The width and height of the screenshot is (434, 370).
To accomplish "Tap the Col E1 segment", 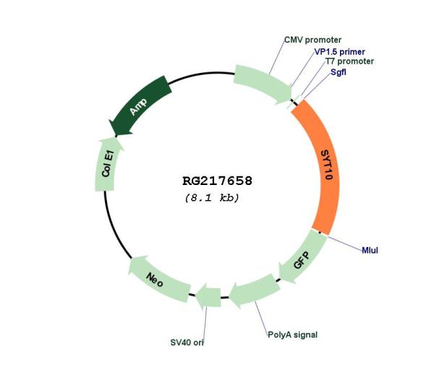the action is tap(107, 165).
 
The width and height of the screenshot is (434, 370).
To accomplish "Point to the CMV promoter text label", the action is tap(312, 40).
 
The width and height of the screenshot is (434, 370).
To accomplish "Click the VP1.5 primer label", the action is tap(340, 52).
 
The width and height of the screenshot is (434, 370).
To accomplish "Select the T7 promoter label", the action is tap(349, 61).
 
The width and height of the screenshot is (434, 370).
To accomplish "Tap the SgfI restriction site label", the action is tap(339, 72).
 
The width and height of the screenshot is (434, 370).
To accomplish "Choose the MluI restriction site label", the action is tap(370, 251).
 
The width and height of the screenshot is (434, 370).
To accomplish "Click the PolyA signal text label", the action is tap(292, 335).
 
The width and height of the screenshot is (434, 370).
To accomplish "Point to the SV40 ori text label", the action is tap(187, 343).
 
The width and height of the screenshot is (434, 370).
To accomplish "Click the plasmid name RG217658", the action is tap(217, 181).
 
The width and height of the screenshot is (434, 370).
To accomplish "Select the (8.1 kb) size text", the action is tap(212, 198).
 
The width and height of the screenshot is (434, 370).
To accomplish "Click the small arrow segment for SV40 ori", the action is tap(208, 296).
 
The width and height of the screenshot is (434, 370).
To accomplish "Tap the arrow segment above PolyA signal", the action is tap(255, 291).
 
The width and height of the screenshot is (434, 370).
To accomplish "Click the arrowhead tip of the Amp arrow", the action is tap(116, 136).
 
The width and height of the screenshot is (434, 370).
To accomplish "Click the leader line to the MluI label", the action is tap(345, 244).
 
